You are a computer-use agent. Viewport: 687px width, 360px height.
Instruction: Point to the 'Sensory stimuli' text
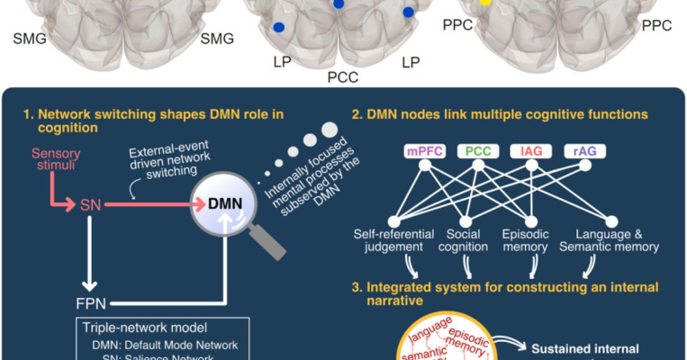(x=60, y=161)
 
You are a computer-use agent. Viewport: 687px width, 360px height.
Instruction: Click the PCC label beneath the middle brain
(x=344, y=77)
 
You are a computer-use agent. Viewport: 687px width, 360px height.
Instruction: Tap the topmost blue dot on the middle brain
(x=338, y=4)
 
